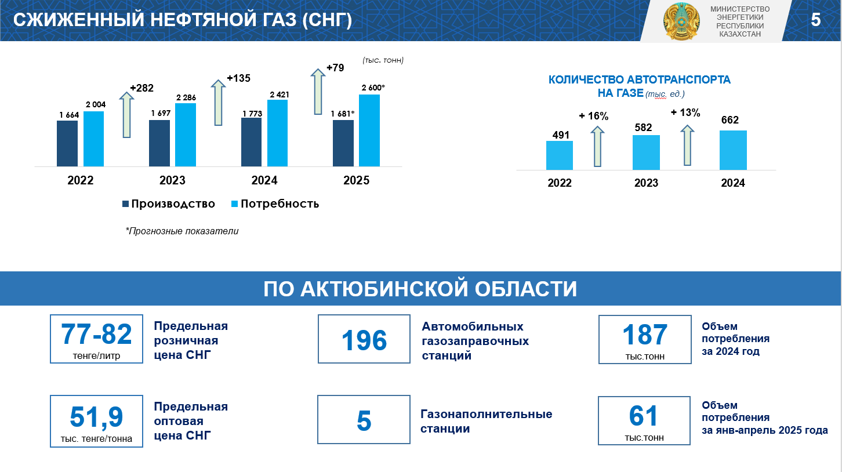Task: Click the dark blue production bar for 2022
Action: (x=67, y=144)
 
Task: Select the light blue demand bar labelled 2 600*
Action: (x=369, y=130)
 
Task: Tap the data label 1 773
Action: (x=252, y=114)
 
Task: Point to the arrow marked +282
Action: (x=126, y=115)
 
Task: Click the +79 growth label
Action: (x=335, y=68)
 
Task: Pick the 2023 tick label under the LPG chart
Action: (x=173, y=180)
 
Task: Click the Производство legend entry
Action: (x=169, y=204)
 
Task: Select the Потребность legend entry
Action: (x=275, y=204)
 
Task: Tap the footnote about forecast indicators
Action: (x=182, y=231)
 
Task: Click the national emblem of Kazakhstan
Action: (x=681, y=21)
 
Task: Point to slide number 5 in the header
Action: (x=816, y=20)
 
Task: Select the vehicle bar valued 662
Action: (x=733, y=150)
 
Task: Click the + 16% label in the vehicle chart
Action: (x=594, y=116)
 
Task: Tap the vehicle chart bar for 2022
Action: (x=560, y=155)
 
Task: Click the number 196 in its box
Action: (x=364, y=340)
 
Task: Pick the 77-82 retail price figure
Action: (x=96, y=334)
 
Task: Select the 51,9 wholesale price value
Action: (x=96, y=417)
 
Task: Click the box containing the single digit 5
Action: (x=364, y=419)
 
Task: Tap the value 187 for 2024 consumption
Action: (x=645, y=335)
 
